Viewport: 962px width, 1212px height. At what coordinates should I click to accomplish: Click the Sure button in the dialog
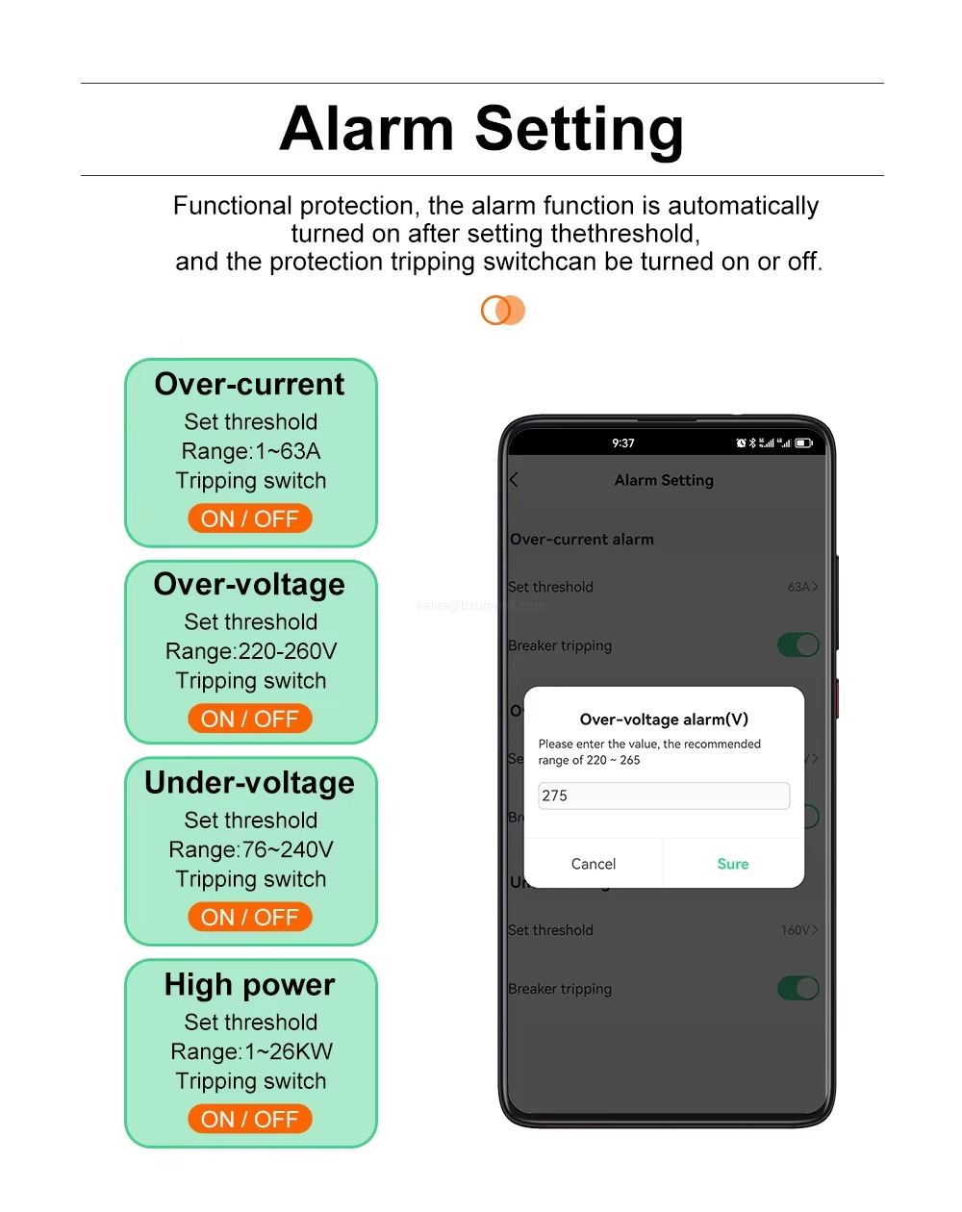click(x=732, y=864)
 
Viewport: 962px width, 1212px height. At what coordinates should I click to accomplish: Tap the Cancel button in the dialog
click(x=594, y=864)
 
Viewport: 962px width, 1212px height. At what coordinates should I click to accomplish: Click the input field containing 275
click(x=663, y=795)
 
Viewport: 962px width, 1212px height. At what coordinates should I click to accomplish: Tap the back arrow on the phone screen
click(x=514, y=480)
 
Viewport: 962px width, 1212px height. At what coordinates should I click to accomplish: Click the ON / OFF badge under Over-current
click(x=250, y=518)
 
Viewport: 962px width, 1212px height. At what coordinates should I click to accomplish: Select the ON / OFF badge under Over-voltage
click(x=250, y=719)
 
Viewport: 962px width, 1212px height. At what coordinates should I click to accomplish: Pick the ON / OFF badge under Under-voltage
click(x=250, y=917)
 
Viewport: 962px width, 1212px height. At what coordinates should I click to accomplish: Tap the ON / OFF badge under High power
click(x=250, y=1119)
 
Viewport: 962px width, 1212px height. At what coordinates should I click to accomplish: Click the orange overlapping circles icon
click(x=503, y=311)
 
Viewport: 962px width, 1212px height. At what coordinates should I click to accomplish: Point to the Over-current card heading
click(x=250, y=384)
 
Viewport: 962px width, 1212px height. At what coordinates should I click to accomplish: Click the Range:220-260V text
click(x=251, y=651)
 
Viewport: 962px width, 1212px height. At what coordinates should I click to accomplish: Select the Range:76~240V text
click(x=251, y=849)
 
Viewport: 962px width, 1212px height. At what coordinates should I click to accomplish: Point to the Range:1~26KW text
click(x=251, y=1051)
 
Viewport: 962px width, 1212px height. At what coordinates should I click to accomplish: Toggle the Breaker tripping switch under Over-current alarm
click(x=798, y=645)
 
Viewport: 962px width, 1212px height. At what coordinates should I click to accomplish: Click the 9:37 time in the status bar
click(x=623, y=443)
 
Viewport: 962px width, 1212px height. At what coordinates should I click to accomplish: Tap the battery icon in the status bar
click(x=804, y=443)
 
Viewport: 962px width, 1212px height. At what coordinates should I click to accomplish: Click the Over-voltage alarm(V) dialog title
click(x=664, y=720)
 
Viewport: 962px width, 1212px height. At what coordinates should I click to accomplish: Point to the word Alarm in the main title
click(x=367, y=129)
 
